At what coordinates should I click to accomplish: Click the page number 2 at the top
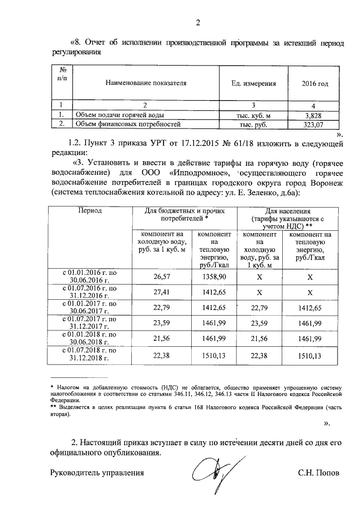[x=197, y=23]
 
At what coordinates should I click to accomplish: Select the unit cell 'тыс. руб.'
[x=253, y=123]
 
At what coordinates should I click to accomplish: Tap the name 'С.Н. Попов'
[x=319, y=472]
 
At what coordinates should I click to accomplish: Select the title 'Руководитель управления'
[x=97, y=472]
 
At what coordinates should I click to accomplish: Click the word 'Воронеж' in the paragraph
[x=322, y=183]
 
